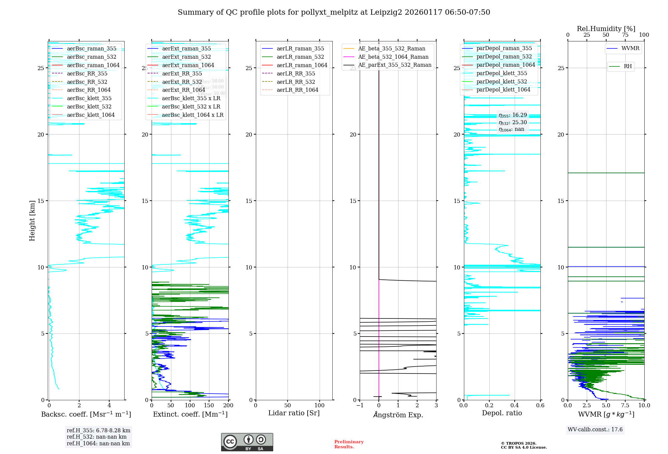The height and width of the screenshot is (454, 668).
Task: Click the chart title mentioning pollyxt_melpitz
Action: (x=334, y=12)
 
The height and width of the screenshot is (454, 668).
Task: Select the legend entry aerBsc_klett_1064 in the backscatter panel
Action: (x=91, y=115)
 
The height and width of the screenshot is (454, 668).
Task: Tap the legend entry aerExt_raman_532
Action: (x=186, y=57)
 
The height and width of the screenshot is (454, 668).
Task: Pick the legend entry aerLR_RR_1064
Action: (x=297, y=90)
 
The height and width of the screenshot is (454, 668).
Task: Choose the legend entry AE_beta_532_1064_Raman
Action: (x=393, y=57)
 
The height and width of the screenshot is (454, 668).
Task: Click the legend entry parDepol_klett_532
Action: (x=502, y=81)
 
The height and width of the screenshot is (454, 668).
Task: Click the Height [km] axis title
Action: (x=32, y=221)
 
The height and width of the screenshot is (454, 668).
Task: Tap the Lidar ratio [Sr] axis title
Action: (x=294, y=413)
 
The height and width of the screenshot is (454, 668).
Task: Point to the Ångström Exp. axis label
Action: (x=398, y=415)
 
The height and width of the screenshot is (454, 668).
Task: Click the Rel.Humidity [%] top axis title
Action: (x=606, y=29)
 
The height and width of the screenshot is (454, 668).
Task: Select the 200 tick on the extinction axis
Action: (x=228, y=405)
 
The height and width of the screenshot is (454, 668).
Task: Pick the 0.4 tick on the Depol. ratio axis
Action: (x=515, y=405)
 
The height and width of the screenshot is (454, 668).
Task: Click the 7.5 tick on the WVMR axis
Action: (x=625, y=405)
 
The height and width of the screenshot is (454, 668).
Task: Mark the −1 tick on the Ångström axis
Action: (x=360, y=405)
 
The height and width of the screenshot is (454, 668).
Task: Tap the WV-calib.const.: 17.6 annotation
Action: (x=595, y=429)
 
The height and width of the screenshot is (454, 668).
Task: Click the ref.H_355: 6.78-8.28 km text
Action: (x=99, y=431)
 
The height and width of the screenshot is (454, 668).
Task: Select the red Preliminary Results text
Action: (x=349, y=444)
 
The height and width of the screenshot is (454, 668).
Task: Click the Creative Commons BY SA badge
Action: (x=247, y=442)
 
